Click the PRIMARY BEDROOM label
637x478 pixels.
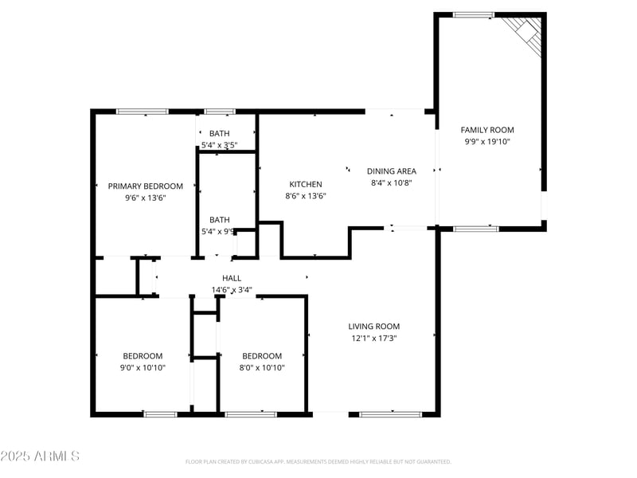(146, 186)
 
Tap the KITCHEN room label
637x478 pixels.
(306, 185)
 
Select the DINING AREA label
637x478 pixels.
(391, 171)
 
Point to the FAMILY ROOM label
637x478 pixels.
(487, 130)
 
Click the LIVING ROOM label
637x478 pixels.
(373, 327)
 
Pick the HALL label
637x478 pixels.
(232, 278)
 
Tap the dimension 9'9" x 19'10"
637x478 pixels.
(487, 141)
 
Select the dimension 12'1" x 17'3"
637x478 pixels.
(373, 338)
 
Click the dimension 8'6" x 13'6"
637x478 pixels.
(306, 196)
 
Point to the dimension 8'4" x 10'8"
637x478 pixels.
(391, 182)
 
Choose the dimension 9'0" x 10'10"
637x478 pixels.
(143, 367)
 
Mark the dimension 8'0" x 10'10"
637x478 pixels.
(262, 367)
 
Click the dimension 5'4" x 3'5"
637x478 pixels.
(219, 145)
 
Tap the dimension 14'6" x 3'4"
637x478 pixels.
(232, 290)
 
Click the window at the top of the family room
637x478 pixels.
(474, 15)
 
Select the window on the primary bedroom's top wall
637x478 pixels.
(143, 112)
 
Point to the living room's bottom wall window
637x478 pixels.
(390, 414)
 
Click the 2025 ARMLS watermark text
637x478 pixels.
(40, 456)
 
